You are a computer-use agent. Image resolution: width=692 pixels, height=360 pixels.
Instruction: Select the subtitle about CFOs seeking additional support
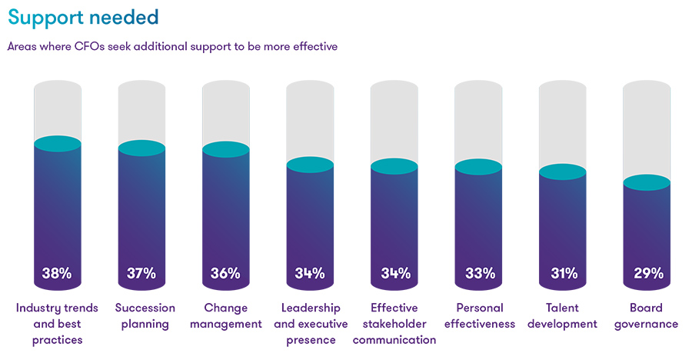coord(172,46)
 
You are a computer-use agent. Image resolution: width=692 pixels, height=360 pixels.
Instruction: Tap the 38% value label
coord(57,273)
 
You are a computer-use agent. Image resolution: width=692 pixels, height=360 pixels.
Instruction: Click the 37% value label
coord(141,273)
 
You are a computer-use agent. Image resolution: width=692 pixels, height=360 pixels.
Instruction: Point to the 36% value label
coord(225,273)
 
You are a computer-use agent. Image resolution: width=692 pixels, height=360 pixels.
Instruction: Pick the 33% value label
coord(478,273)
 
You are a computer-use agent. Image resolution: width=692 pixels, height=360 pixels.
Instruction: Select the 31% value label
coord(562,273)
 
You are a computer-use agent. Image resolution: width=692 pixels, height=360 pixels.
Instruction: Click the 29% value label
coord(647,273)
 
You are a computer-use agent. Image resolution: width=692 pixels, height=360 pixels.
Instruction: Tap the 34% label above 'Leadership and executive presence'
coord(310,273)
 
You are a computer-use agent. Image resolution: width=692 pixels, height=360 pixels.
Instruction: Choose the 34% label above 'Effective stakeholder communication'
coord(394,273)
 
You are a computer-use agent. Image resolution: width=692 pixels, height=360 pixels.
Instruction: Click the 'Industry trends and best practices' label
coord(57,324)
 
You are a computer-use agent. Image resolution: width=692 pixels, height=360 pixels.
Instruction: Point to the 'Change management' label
coord(226,316)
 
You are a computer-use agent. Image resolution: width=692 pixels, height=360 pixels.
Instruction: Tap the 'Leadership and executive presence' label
coord(311,324)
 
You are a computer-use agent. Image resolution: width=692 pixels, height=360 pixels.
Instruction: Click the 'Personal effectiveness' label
coord(478,316)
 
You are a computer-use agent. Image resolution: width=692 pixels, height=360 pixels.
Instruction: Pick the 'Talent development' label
coord(563,316)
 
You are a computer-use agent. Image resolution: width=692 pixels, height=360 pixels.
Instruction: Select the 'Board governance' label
coord(647,316)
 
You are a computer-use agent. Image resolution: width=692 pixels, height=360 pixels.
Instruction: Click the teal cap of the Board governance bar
coord(647,182)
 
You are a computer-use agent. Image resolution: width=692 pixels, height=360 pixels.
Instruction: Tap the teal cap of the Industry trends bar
coord(58,144)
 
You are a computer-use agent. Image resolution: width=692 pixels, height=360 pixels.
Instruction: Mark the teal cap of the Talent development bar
coord(563,172)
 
